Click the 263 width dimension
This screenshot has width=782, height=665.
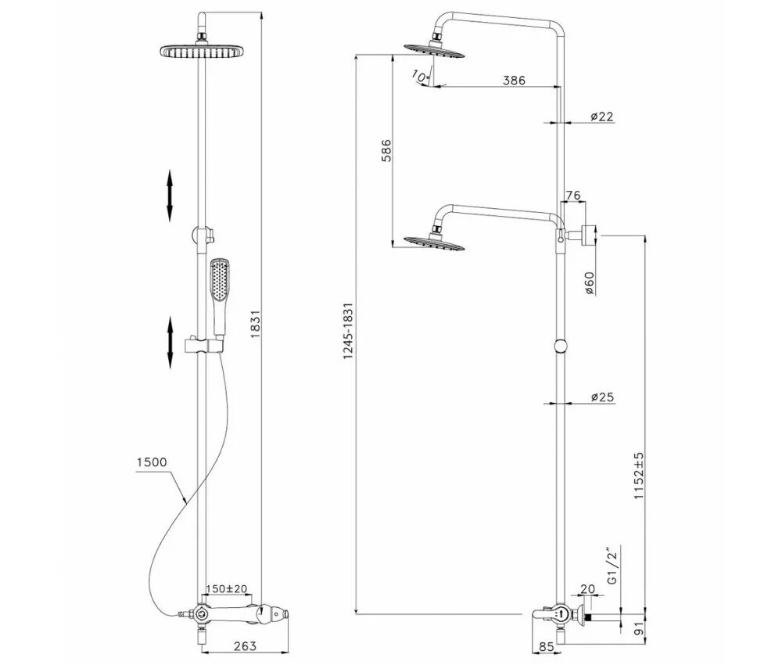[x=245, y=645]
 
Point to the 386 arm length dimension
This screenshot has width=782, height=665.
[x=513, y=80]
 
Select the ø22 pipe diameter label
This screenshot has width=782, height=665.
[x=601, y=116]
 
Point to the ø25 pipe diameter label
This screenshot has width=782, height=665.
[x=601, y=397]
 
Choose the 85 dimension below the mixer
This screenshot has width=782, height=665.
[x=547, y=647]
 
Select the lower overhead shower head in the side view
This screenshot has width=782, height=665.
[x=435, y=241]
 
